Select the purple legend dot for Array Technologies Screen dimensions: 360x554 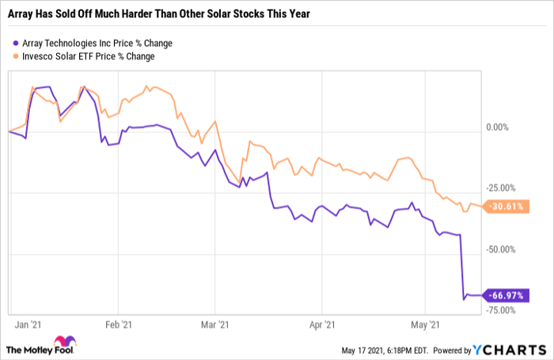point(17,43)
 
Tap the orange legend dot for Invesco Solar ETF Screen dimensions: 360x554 point(17,56)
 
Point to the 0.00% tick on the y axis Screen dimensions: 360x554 point(499,127)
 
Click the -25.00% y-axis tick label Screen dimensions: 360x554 point(502,188)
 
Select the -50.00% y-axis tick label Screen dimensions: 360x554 point(502,249)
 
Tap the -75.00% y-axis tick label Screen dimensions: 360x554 point(502,310)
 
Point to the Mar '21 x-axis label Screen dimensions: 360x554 point(215,324)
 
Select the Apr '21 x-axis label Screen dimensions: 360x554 point(322,324)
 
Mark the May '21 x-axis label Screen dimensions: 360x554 point(425,324)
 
